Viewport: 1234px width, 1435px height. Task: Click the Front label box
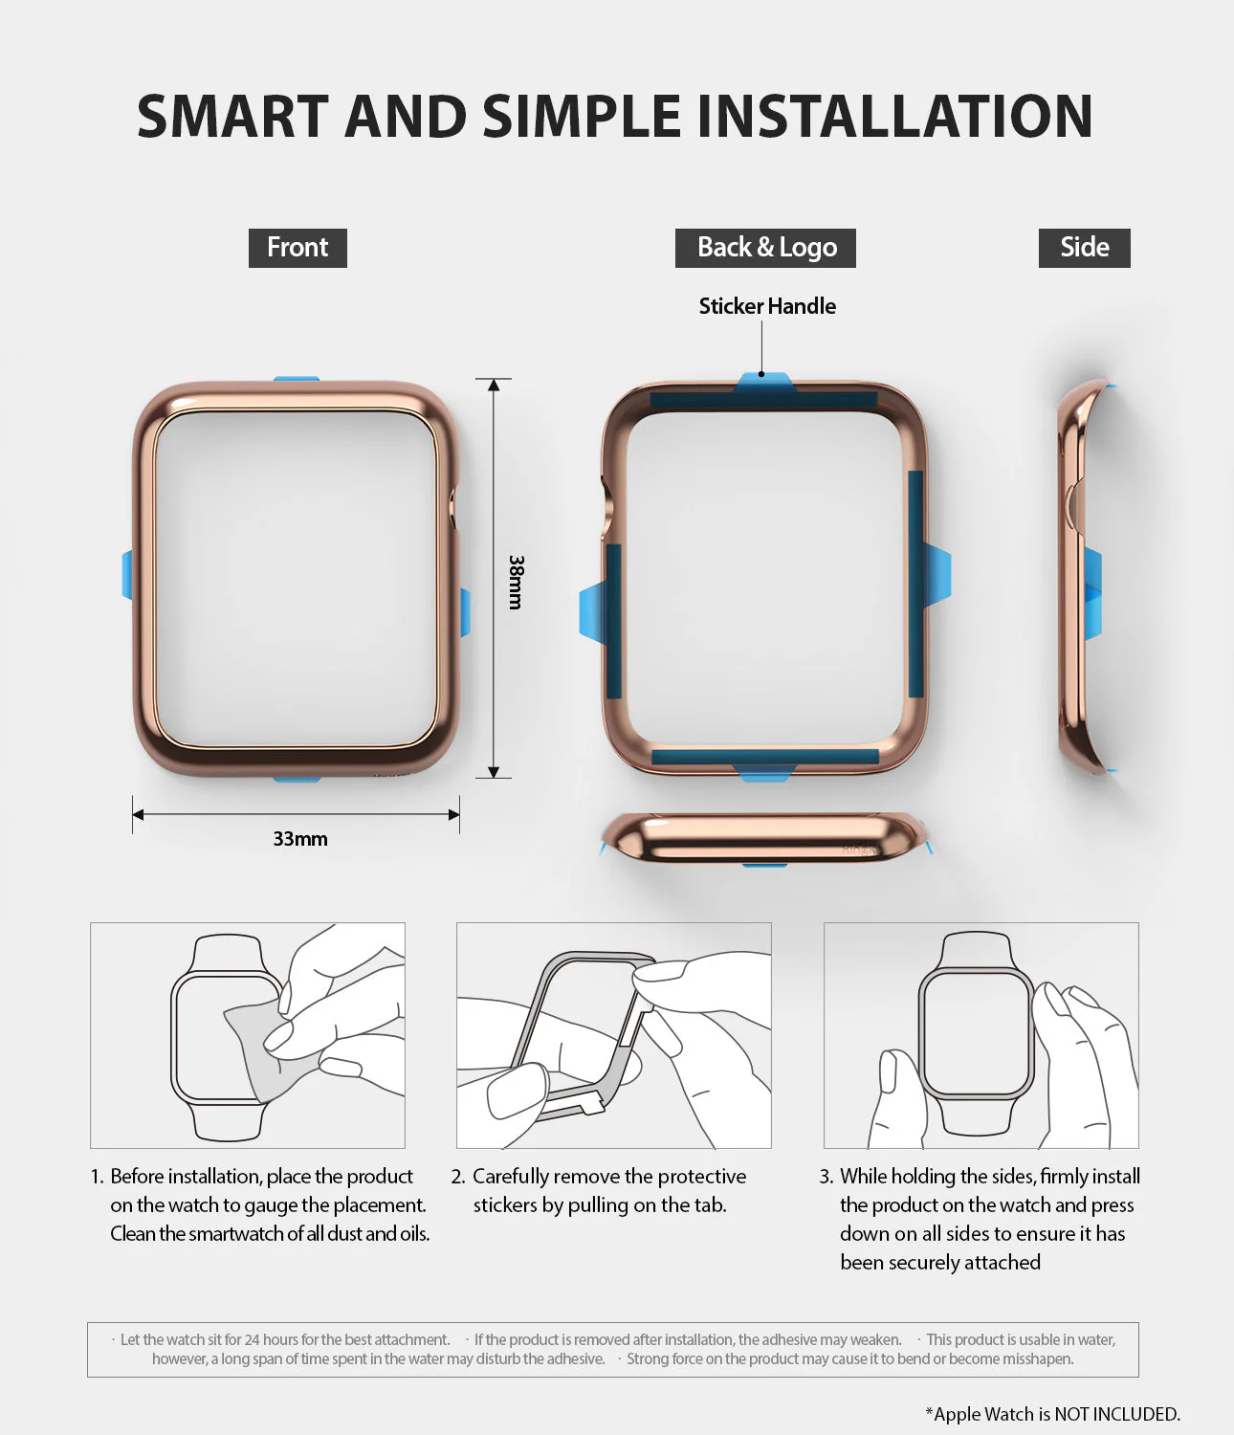point(297,248)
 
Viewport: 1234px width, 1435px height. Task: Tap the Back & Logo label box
point(765,248)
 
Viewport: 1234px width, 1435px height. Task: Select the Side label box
point(1084,248)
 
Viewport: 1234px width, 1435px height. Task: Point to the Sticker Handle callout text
point(767,306)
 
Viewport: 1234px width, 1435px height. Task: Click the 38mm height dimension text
point(517,582)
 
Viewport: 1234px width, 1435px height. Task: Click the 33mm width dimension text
point(300,839)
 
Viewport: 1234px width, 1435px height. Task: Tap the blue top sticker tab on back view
point(763,383)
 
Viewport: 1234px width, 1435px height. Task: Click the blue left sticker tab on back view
point(592,612)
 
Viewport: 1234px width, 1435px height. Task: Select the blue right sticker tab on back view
point(937,574)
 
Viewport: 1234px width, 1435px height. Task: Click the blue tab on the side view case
point(1092,593)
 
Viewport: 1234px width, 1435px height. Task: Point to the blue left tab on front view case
point(127,574)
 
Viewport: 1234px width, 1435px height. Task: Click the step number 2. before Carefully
point(458,1177)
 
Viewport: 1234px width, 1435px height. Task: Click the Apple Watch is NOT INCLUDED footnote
point(1052,1414)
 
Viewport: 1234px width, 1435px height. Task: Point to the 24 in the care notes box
point(252,1339)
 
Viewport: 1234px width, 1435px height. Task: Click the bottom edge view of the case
point(765,838)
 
